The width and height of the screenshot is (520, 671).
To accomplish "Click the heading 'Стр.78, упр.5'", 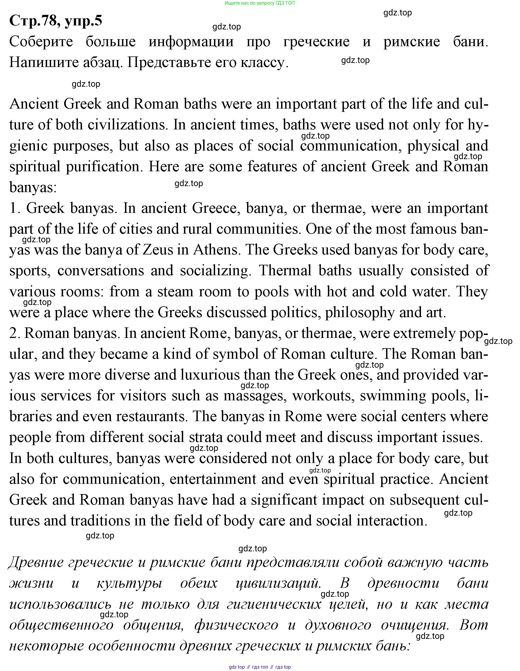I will point(56,21).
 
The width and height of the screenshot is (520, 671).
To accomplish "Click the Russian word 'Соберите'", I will point(41,42).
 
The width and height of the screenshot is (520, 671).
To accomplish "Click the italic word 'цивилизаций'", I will point(278,583).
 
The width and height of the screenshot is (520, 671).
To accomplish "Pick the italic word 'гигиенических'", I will point(274,604).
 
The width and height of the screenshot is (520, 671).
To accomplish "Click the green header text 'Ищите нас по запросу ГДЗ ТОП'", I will point(260,3).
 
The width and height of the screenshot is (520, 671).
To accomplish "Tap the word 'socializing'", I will point(216,271).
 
